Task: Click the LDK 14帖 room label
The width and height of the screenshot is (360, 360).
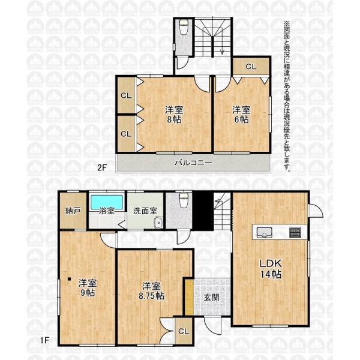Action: coord(271,269)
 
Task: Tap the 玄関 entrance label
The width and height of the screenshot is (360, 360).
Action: coord(211,298)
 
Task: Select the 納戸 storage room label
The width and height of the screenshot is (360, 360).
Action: coord(73,211)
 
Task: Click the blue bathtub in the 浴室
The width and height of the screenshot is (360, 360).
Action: coord(107,202)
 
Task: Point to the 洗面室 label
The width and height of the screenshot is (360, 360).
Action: coord(145,211)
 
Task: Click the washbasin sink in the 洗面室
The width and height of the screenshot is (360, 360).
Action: coord(158,222)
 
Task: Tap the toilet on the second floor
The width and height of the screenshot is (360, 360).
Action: coord(184,27)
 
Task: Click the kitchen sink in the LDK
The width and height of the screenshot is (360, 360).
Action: coord(264,232)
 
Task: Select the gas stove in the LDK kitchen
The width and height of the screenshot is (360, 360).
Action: coord(295,232)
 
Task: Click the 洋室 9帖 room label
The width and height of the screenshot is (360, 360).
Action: coord(88,288)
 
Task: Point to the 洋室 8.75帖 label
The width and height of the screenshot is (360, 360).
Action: coord(151,291)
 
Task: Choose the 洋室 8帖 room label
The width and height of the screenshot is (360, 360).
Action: coord(174,115)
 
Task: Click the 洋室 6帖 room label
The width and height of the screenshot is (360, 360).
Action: coord(241,115)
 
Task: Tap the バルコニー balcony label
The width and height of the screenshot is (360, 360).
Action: coord(193,163)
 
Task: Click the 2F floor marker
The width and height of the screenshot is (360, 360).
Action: coord(102,167)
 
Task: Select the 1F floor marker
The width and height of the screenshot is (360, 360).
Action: coord(44,340)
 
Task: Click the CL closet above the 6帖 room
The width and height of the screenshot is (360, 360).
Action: coord(251,67)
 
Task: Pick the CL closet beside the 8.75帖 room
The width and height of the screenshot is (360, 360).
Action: coord(184,331)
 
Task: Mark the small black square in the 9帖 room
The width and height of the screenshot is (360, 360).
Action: coord(69,279)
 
